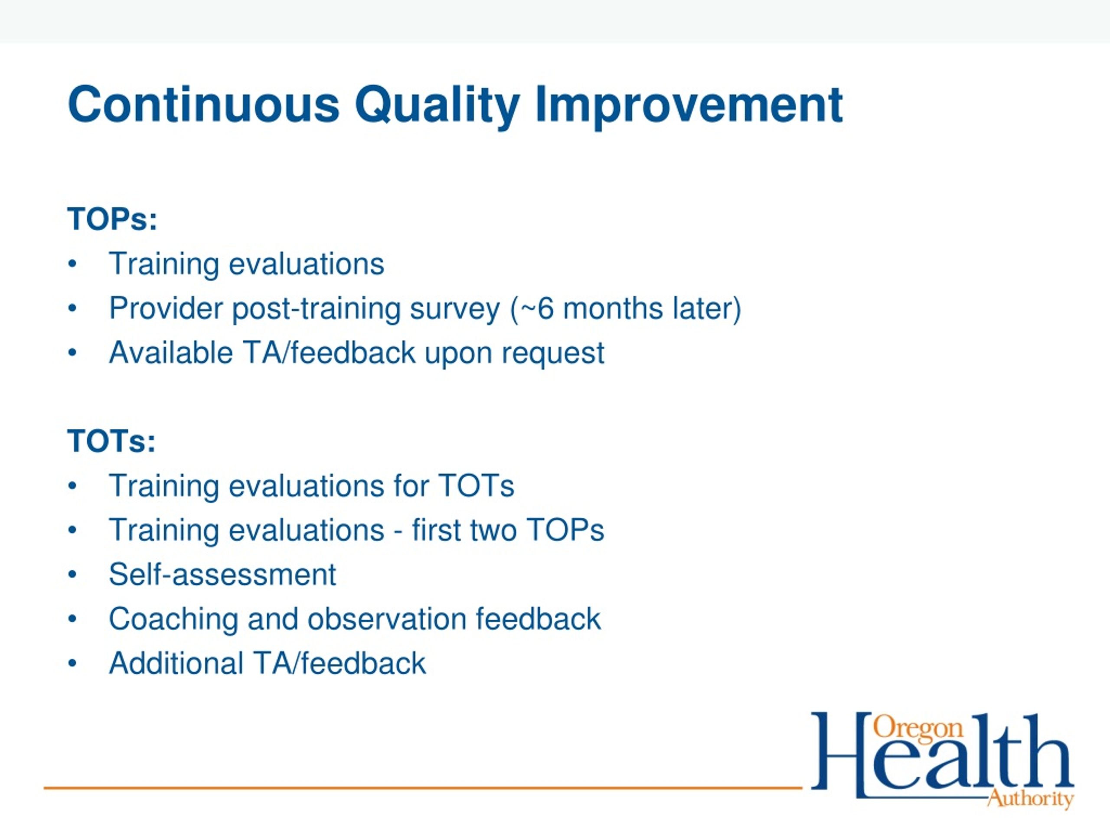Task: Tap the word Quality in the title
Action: tap(437, 106)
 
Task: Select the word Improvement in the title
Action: tap(689, 106)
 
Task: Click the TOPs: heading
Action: tap(112, 219)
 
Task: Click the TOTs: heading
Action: tap(111, 441)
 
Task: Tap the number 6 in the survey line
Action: tap(545, 309)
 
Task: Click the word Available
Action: tap(171, 353)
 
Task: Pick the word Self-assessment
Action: tap(222, 574)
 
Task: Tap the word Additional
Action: tap(176, 663)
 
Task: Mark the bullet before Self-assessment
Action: tap(72, 575)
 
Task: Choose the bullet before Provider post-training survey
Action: tap(72, 309)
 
